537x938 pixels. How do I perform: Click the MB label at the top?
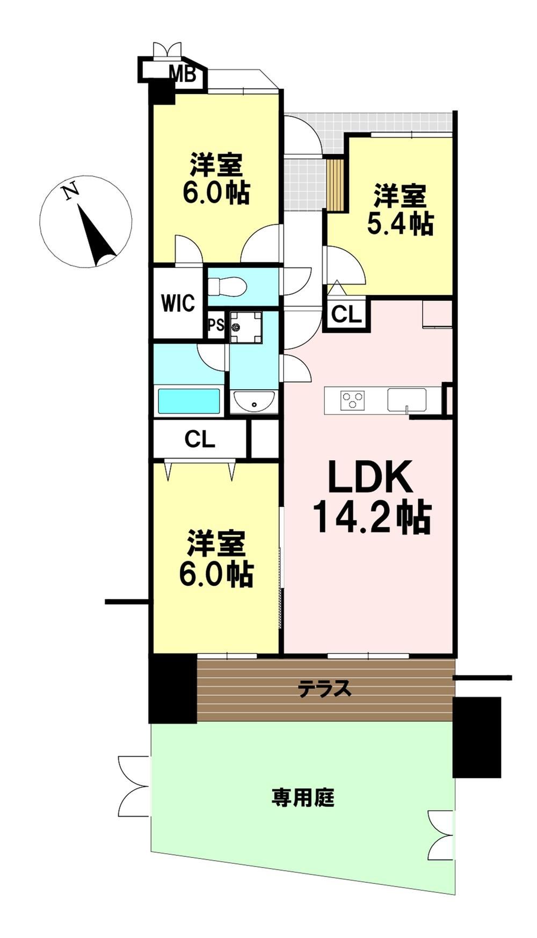182,73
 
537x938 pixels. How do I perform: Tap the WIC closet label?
178,303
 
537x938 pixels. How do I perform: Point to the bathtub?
189,401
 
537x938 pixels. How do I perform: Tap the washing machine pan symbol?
246,327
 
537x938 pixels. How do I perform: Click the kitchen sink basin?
407,399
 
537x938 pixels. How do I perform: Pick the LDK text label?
370,476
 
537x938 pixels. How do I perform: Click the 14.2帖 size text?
371,517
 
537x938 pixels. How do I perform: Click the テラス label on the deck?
325,688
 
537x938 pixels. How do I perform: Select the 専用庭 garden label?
303,797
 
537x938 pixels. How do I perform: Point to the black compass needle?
97,234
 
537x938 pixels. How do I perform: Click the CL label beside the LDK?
346,314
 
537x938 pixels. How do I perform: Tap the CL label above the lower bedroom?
200,440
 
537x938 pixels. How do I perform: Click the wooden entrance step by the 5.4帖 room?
336,184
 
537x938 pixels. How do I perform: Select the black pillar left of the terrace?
173,688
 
